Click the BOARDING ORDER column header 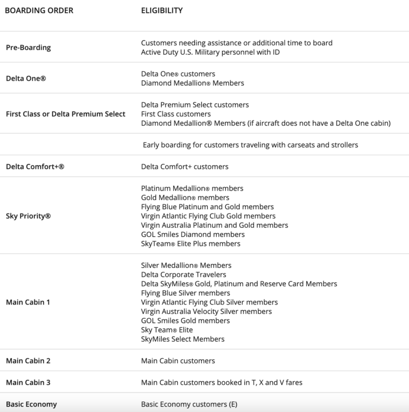pos(39,10)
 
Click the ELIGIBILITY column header pos(162,10)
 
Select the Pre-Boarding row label pos(28,47)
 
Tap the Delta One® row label pos(26,78)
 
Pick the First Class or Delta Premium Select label pos(66,114)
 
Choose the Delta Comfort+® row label pos(35,167)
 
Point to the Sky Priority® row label pos(28,216)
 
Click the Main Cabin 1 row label pos(28,302)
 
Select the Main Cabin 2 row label pos(28,361)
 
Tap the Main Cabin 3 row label pos(28,383)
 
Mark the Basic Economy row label pos(31,405)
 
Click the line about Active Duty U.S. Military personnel pos(210,52)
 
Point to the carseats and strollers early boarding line pos(250,145)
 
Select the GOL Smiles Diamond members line pos(193,234)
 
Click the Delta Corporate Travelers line pos(184,275)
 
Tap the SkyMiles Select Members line pos(183,339)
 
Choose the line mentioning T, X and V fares pos(221,383)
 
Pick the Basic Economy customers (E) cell pos(189,405)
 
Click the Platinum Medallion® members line pos(192,188)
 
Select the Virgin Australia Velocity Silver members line pos(207,311)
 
